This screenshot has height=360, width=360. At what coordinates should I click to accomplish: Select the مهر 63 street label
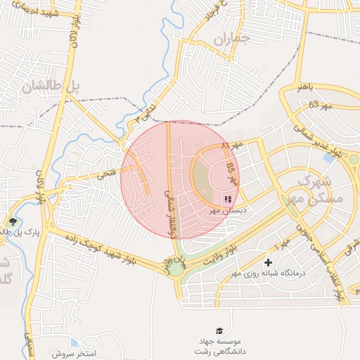click(x=319, y=105)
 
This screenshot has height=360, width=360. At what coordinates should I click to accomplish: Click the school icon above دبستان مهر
click(x=227, y=200)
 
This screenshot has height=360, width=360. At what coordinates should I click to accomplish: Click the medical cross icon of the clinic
click(x=268, y=262)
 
